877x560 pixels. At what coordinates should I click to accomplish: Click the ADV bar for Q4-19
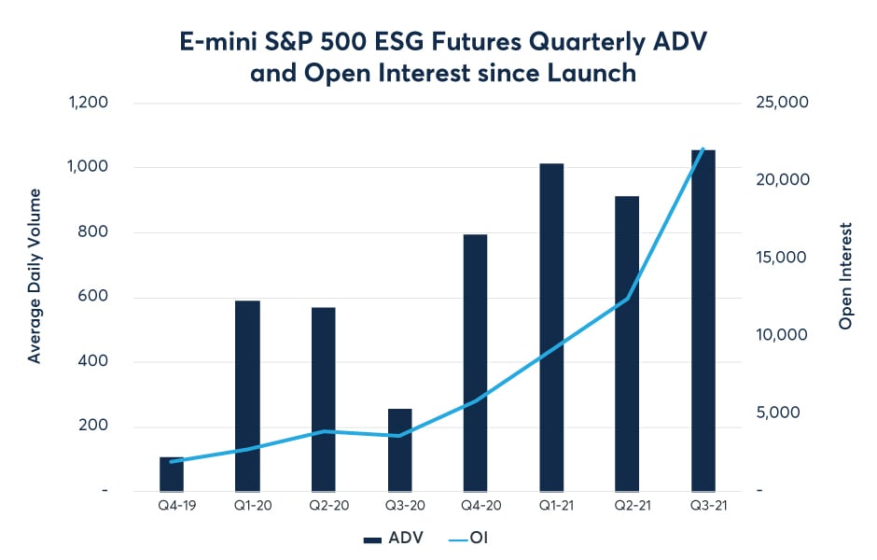pos(172,474)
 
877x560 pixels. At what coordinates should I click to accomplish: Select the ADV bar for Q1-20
pos(247,396)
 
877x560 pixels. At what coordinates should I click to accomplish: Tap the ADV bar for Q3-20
pos(399,450)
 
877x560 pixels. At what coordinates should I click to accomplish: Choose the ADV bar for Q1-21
pos(551,327)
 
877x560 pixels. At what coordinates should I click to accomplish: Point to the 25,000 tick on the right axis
pos(782,103)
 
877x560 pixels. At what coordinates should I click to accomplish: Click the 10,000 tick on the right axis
pos(782,335)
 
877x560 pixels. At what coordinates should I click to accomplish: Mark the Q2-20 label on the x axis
pos(323,506)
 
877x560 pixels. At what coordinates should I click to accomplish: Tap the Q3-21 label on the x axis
pos(703,506)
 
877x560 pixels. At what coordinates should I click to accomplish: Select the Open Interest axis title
pos(846,276)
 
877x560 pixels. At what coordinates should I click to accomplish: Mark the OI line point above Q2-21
pos(627,300)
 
